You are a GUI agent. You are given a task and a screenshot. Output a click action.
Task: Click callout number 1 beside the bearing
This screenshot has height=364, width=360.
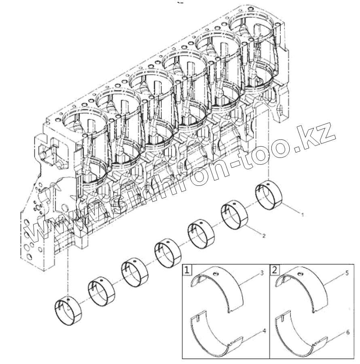[302, 213]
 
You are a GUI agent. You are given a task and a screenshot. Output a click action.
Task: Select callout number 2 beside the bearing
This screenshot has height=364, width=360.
[264, 236]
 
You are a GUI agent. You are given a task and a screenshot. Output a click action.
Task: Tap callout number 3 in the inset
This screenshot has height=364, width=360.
[262, 274]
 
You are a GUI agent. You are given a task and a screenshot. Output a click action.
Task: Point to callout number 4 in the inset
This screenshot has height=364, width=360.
[264, 331]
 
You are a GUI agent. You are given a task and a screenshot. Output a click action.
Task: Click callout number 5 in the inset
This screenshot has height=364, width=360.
[347, 274]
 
